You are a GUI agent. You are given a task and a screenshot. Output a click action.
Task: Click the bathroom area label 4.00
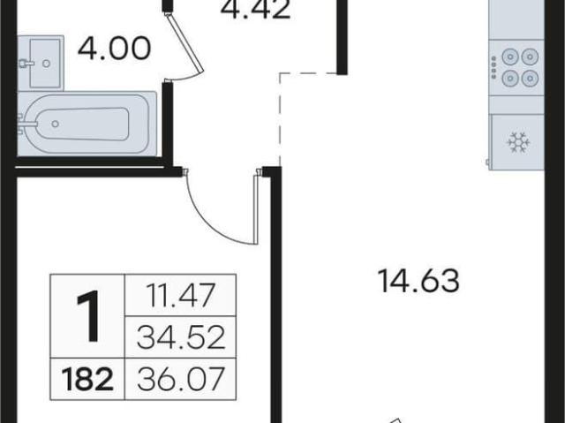click(x=114, y=49)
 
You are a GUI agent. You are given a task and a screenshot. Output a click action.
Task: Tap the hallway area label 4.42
click(x=255, y=10)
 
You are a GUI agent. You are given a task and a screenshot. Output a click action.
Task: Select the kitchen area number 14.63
click(x=418, y=281)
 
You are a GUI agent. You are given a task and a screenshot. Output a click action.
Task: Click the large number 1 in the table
click(x=87, y=316)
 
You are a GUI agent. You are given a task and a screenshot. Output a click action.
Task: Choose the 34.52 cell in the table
click(x=181, y=337)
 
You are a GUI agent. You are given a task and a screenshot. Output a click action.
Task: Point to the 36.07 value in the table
click(x=181, y=379)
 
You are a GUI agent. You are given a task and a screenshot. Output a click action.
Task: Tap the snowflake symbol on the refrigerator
click(x=518, y=142)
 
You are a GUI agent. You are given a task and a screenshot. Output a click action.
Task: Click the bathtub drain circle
click(x=55, y=124)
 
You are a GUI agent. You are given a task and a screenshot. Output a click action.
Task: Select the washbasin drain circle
click(x=46, y=64)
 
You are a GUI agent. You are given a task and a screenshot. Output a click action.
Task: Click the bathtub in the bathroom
click(x=87, y=124)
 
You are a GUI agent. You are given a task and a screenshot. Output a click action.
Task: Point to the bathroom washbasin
click(x=41, y=63)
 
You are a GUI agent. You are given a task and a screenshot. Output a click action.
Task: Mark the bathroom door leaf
click(x=185, y=42)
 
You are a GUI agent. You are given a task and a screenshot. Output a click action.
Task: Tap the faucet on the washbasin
click(x=26, y=64)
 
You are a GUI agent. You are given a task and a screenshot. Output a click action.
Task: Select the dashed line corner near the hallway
click(x=281, y=73)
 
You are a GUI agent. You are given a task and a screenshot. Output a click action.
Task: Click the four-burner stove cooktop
click(x=516, y=68)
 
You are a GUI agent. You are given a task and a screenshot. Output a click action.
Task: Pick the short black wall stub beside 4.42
click(x=342, y=37)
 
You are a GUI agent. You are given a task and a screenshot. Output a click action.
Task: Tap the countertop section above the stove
click(x=516, y=19)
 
